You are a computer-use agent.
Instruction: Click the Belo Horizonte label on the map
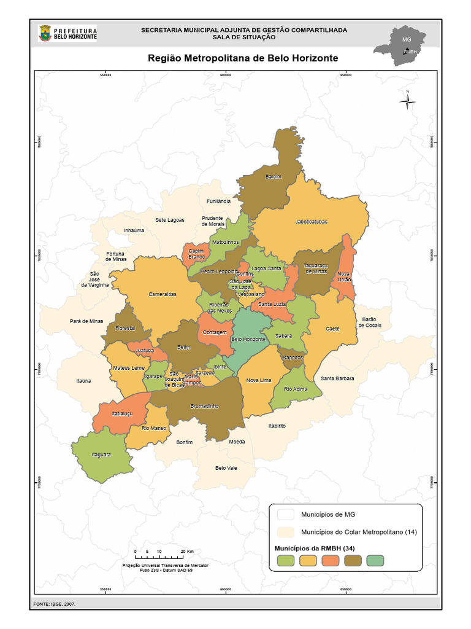[x=248, y=339]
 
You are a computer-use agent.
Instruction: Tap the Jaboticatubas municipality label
[x=311, y=222]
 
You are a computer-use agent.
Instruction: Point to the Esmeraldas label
[x=163, y=294]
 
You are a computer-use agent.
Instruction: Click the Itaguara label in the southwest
[x=101, y=455]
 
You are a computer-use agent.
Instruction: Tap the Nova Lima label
[x=258, y=380]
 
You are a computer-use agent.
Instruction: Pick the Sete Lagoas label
[x=169, y=220]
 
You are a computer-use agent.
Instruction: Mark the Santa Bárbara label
[x=337, y=379]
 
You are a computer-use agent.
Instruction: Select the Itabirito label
[x=277, y=426]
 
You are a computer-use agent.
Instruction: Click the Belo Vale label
[x=226, y=467]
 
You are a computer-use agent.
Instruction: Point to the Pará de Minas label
[x=86, y=321]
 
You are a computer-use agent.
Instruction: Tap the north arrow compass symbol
[x=407, y=101]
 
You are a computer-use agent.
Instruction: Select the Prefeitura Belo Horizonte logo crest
[x=45, y=34]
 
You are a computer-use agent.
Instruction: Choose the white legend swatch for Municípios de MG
[x=285, y=514]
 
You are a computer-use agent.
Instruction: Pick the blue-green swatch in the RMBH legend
[x=375, y=560]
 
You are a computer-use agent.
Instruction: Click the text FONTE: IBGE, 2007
[x=55, y=604]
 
